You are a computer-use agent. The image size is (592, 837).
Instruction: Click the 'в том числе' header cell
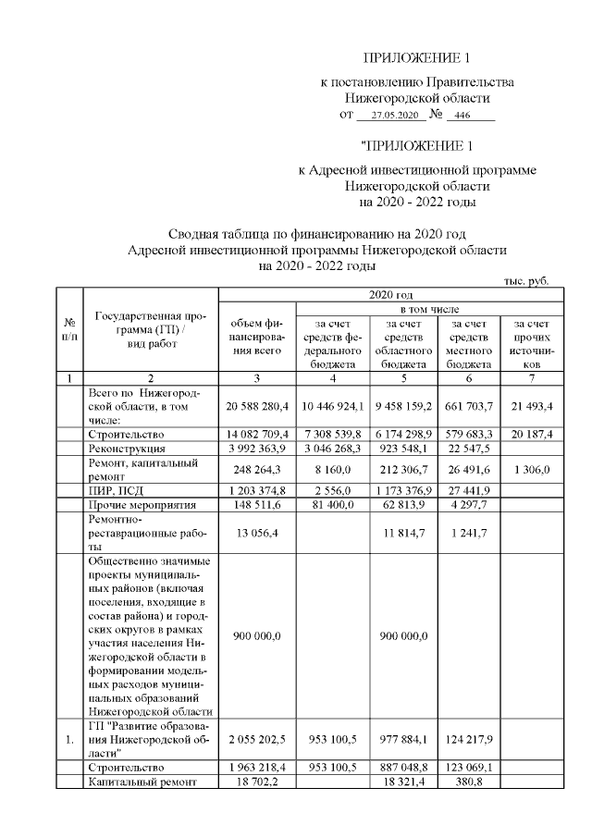pyautogui.click(x=423, y=307)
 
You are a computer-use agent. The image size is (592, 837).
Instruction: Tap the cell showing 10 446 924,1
pyautogui.click(x=333, y=405)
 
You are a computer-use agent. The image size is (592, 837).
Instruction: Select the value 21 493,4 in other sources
pyautogui.click(x=524, y=405)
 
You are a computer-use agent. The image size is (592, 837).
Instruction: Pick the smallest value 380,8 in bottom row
pyautogui.click(x=468, y=782)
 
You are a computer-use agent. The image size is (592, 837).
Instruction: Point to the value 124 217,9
pyautogui.click(x=468, y=740)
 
